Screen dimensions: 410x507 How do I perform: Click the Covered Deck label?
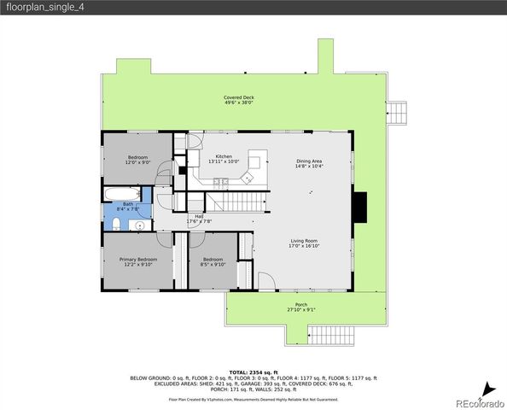pyautogui.click(x=239, y=100)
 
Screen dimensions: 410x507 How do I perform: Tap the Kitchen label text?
pyautogui.click(x=224, y=159)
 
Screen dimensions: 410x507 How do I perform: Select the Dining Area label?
pyautogui.click(x=309, y=164)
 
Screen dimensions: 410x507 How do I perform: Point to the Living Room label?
pyautogui.click(x=304, y=243)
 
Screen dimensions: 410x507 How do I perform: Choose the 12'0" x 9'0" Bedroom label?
pyautogui.click(x=138, y=160)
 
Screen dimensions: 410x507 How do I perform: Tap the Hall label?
pyautogui.click(x=199, y=219)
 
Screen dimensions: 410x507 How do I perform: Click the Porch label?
pyautogui.click(x=300, y=307)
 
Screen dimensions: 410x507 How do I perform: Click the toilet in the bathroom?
pyautogui.click(x=115, y=224)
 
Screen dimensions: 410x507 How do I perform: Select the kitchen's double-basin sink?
pyautogui.click(x=219, y=181)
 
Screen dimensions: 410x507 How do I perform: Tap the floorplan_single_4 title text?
pyautogui.click(x=44, y=8)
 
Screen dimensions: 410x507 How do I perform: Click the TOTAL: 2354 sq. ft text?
pyautogui.click(x=253, y=372)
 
